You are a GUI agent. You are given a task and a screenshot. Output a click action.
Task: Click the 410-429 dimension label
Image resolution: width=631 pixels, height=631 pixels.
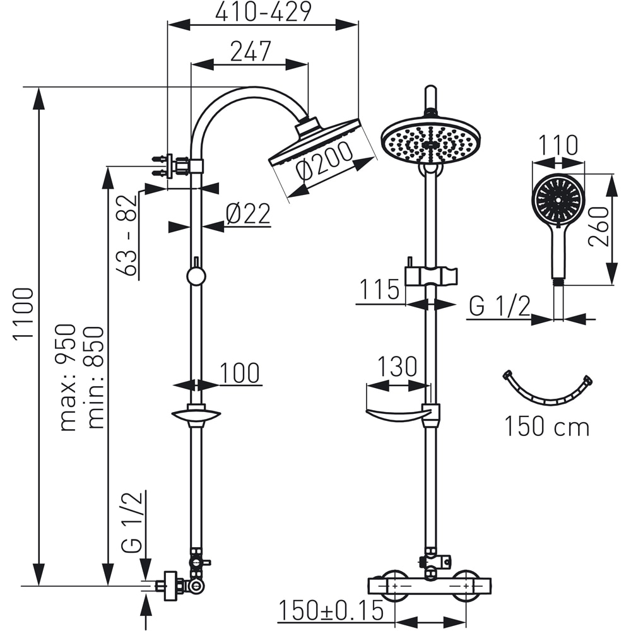pyautogui.click(x=263, y=13)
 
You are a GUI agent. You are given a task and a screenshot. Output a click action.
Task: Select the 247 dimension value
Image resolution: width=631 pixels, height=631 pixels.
pyautogui.click(x=250, y=52)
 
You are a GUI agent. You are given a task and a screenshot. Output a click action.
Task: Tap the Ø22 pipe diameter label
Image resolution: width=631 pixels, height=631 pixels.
pyautogui.click(x=247, y=215)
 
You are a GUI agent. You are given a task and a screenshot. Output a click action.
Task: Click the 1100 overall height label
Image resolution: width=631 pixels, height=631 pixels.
pyautogui.click(x=24, y=314)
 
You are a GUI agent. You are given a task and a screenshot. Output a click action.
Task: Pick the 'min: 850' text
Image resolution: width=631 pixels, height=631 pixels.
pyautogui.click(x=95, y=377)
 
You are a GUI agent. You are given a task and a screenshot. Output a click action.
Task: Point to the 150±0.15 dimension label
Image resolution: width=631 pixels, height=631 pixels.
pyautogui.click(x=331, y=610)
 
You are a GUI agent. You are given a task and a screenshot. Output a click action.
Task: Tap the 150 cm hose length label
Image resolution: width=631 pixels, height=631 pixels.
pyautogui.click(x=546, y=427)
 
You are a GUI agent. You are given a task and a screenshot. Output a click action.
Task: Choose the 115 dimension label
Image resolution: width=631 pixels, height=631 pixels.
pyautogui.click(x=380, y=290)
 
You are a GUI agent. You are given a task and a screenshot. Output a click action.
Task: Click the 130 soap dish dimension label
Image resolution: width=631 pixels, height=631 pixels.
pyautogui.click(x=398, y=366)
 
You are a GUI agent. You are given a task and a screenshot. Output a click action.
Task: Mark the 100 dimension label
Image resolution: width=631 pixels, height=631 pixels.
pyautogui.click(x=240, y=373)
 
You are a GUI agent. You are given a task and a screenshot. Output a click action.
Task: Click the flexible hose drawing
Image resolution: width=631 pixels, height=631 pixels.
pyautogui.click(x=547, y=390)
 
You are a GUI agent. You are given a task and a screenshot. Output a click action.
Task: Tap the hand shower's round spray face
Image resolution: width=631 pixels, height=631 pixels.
pyautogui.click(x=558, y=198)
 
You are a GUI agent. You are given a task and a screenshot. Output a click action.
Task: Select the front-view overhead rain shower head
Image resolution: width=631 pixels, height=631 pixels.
pyautogui.click(x=431, y=140)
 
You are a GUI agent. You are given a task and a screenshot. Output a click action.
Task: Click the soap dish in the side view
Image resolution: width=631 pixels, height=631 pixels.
pyautogui.click(x=196, y=416)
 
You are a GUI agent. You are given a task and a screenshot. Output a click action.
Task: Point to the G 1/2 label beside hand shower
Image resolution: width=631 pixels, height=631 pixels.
pyautogui.click(x=499, y=307)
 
